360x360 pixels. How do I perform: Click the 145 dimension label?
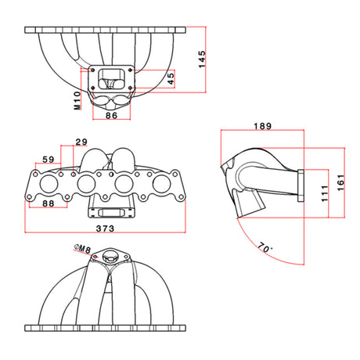[x=202, y=59]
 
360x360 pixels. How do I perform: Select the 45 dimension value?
[x=171, y=78]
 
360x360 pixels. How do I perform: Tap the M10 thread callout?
[x=77, y=100]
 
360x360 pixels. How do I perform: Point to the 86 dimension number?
[x=111, y=115]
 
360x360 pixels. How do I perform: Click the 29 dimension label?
[x=81, y=142]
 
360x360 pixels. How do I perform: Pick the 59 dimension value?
[x=49, y=160]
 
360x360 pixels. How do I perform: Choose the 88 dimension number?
[x=49, y=203]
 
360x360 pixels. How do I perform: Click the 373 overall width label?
[x=105, y=229]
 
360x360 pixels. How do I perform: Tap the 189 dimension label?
[x=263, y=126]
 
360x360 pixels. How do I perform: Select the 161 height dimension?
[x=340, y=182]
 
